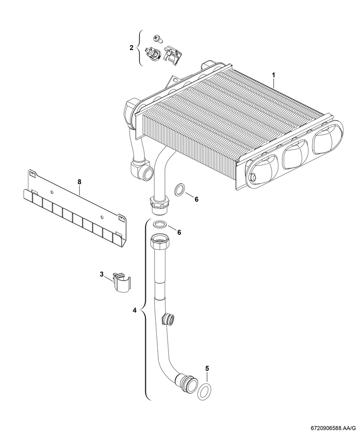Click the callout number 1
273,75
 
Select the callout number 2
132,48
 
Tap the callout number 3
102,274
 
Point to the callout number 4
135,310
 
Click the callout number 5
207,368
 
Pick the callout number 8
80,182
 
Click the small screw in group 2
157,39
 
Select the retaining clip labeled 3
121,282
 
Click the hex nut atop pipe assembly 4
158,240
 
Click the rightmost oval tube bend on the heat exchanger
327,140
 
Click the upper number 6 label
196,199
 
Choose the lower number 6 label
179,232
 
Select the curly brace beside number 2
140,48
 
